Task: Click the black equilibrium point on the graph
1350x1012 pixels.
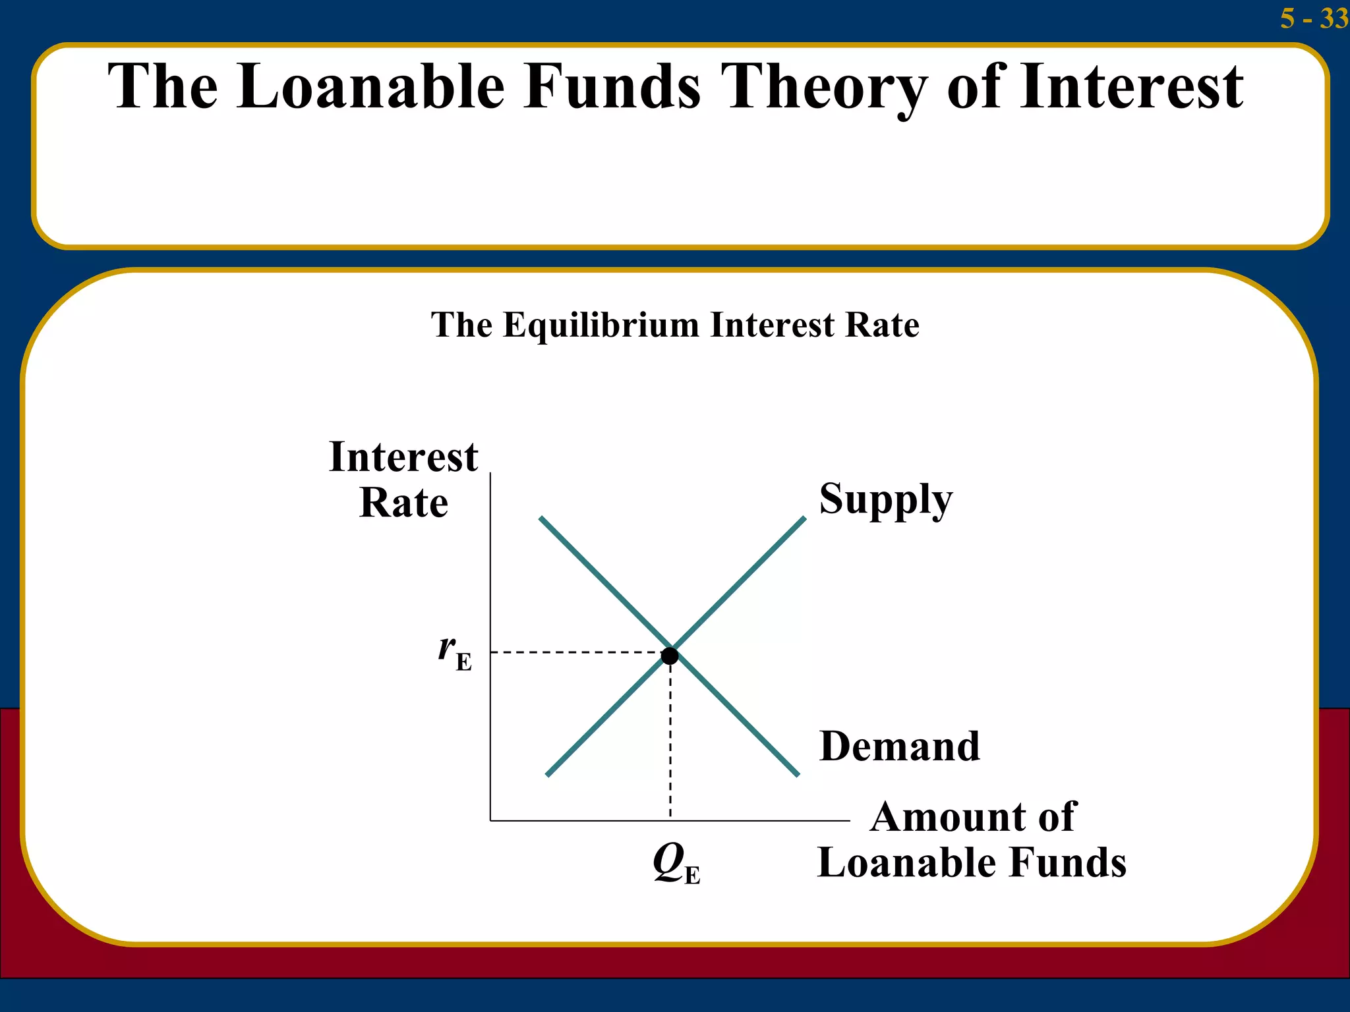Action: coord(670,656)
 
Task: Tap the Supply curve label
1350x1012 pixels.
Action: coord(885,499)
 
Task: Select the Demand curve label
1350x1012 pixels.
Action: coord(899,746)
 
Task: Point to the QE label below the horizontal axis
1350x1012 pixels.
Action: coord(676,863)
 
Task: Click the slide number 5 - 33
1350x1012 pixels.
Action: coord(1314,18)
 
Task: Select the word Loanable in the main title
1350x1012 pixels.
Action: coord(371,86)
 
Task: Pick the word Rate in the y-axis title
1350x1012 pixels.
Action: coord(403,503)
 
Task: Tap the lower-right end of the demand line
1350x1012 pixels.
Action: coord(796,773)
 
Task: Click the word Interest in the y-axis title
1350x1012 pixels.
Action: coord(403,457)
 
